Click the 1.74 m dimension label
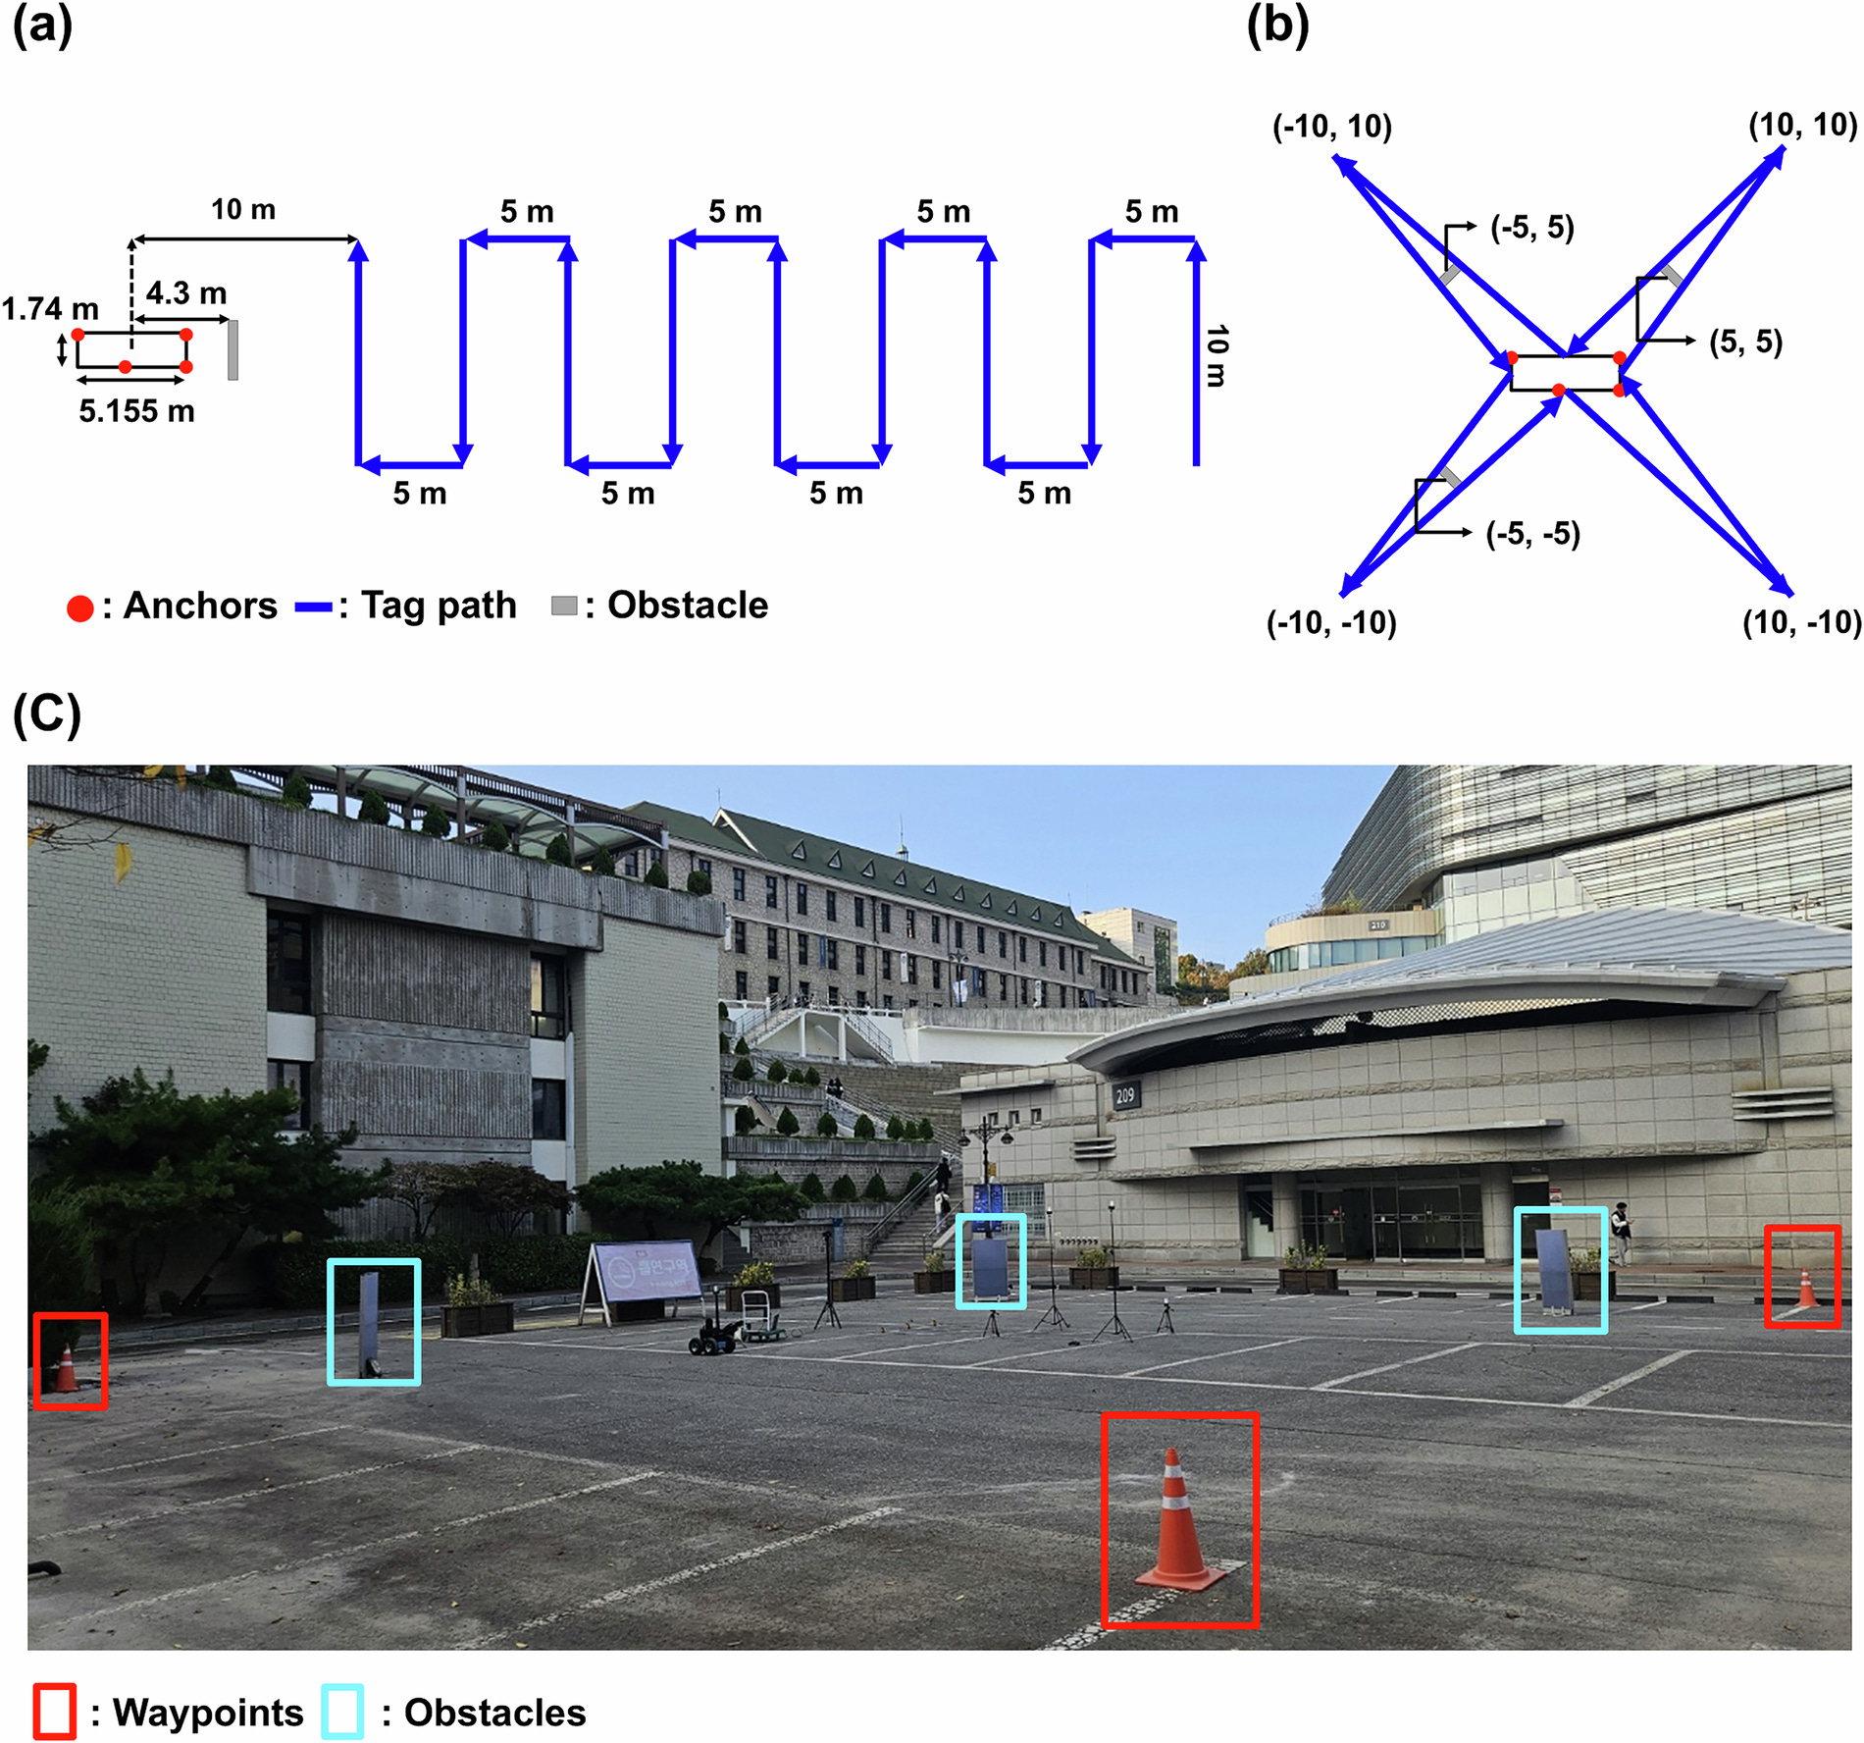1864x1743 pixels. [50, 309]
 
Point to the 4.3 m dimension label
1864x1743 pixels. [186, 292]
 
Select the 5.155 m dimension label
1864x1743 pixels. [136, 410]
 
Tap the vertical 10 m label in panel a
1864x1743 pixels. [1216, 355]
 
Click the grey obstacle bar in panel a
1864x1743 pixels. [233, 349]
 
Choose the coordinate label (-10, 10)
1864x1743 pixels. [1331, 127]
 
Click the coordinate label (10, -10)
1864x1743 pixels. [1801, 622]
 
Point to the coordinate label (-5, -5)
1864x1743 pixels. [1532, 534]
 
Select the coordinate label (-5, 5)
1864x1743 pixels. [1531, 228]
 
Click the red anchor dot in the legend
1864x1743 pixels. [79, 608]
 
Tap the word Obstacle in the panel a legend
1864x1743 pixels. [688, 606]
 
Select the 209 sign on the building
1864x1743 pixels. [1125, 1095]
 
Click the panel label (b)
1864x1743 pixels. [1277, 26]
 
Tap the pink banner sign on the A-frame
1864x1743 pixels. [648, 1273]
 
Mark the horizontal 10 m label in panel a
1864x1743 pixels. [243, 209]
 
